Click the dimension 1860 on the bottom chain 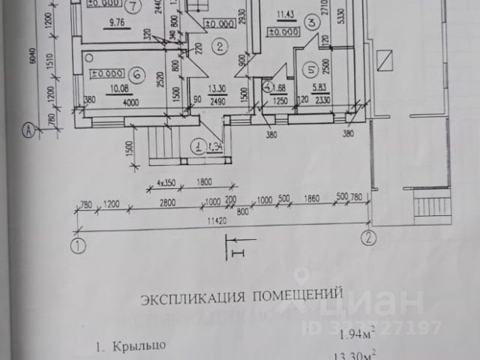point(310,199)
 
